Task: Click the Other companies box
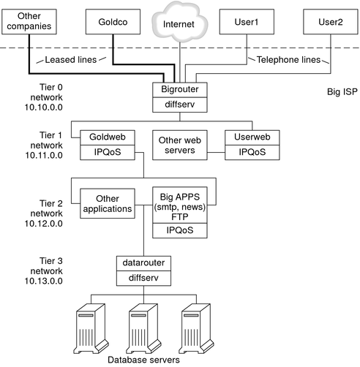click(30, 23)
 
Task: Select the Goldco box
click(113, 23)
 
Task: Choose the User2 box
click(326, 23)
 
